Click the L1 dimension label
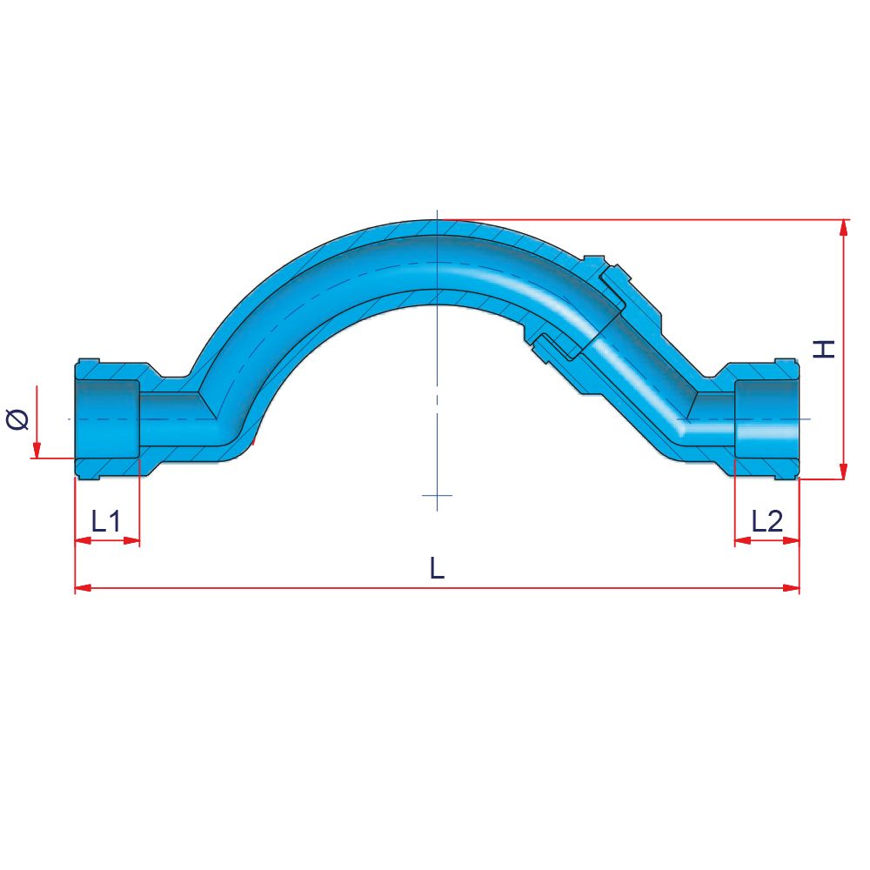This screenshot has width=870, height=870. point(106,521)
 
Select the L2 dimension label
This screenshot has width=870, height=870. point(766,521)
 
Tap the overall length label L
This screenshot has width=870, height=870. point(438,567)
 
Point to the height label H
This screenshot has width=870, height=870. point(824,349)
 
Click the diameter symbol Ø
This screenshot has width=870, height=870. point(17,419)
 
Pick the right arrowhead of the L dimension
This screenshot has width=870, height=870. point(791,587)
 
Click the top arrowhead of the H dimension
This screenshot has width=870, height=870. point(843,228)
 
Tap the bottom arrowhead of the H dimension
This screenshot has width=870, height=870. point(843,470)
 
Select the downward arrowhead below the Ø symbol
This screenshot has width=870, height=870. point(37,450)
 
